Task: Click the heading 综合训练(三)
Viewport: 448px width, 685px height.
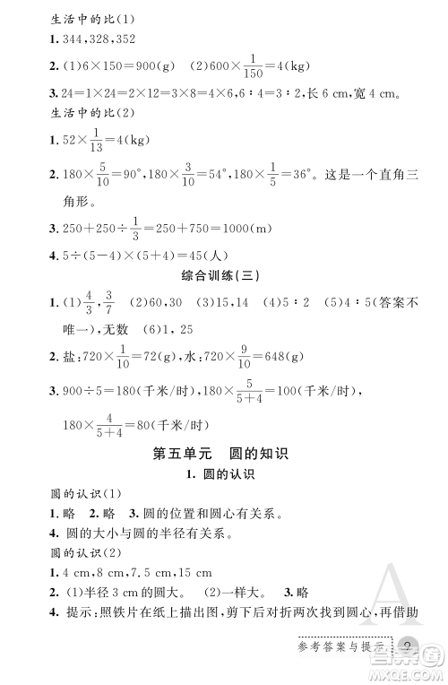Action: [x=224, y=273]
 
